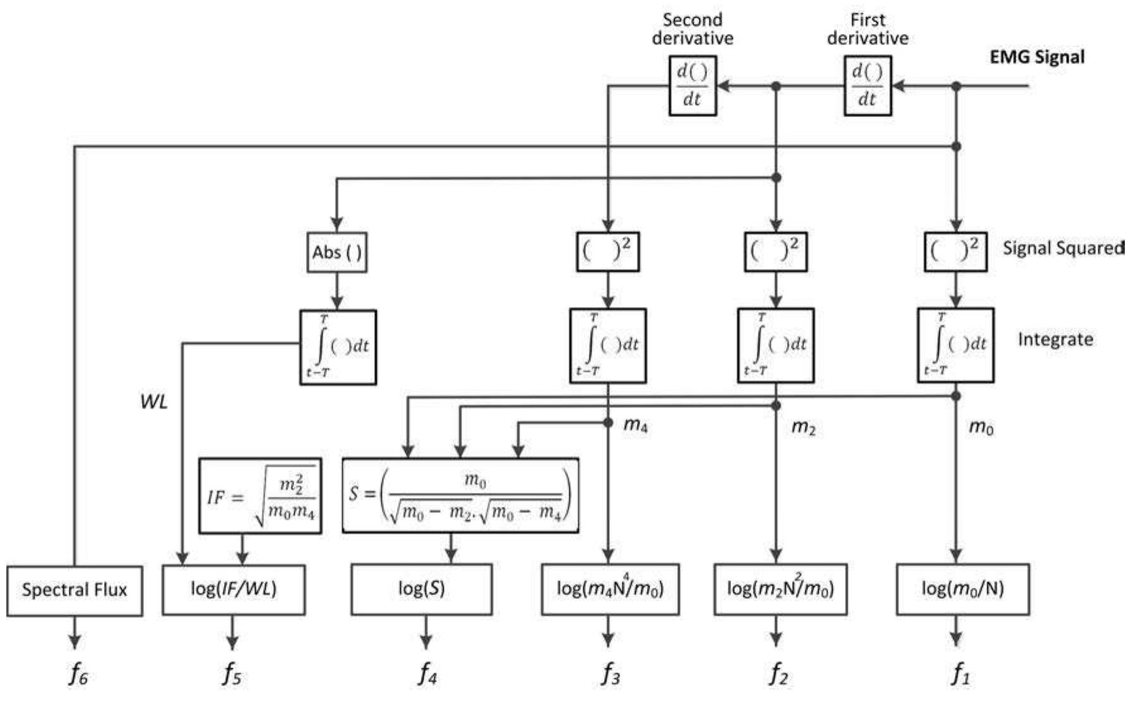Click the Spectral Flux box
(74, 591)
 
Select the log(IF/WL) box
(234, 589)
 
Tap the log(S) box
(422, 589)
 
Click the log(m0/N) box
(963, 589)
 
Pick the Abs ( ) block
(337, 253)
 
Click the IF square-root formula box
(260, 496)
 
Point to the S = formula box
(460, 496)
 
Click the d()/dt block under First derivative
(868, 86)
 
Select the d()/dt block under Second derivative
(692, 86)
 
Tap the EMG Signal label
(1036, 57)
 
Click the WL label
(154, 402)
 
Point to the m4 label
(635, 426)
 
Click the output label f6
(78, 675)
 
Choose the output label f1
(960, 675)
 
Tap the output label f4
(427, 675)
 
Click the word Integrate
(1055, 339)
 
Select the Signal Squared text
(1063, 248)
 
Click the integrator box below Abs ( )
(338, 347)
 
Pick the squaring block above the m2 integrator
(776, 252)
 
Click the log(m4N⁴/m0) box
(610, 589)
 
